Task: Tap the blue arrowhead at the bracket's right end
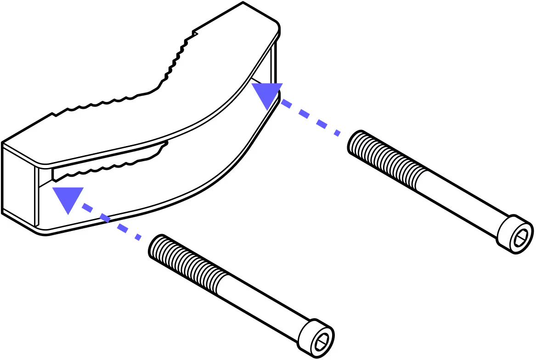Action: [269, 95]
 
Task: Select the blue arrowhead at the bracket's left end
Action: [68, 198]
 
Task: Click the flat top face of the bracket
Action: [138, 129]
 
